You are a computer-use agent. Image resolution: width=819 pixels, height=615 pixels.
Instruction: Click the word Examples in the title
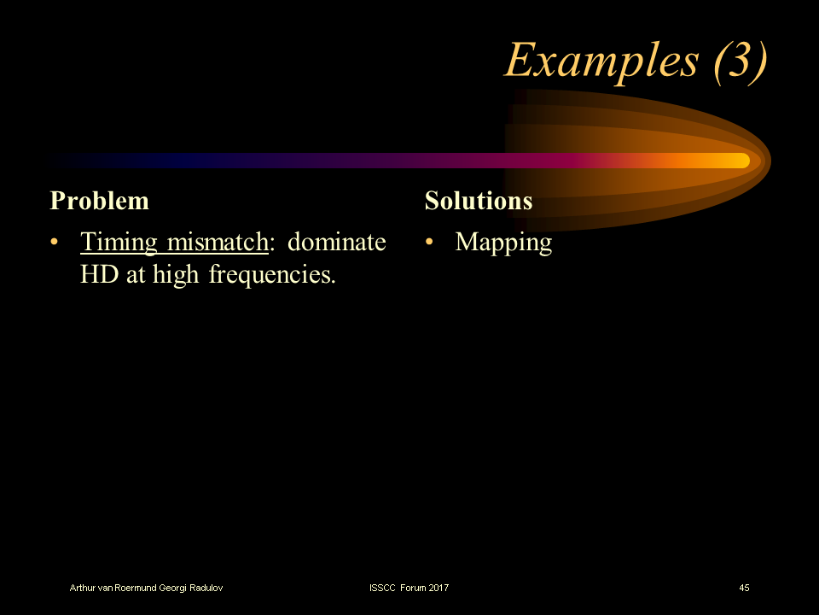pyautogui.click(x=597, y=60)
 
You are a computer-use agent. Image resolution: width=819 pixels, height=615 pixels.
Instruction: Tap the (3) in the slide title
pyautogui.click(x=735, y=60)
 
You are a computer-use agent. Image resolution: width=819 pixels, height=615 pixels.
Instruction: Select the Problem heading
pyautogui.click(x=100, y=201)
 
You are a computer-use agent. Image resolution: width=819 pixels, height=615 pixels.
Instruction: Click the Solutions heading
pyautogui.click(x=479, y=201)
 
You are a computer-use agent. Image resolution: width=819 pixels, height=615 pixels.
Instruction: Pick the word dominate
pyautogui.click(x=336, y=243)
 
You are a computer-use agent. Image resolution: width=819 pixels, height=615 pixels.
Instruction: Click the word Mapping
pyautogui.click(x=503, y=243)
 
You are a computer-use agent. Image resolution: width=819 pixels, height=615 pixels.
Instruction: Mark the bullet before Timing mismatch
pyautogui.click(x=55, y=243)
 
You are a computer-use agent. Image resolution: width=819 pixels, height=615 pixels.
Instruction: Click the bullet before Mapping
pyautogui.click(x=430, y=243)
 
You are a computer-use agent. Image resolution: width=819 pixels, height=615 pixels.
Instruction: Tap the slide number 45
pyautogui.click(x=744, y=588)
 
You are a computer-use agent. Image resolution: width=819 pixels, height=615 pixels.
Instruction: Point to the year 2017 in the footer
pyautogui.click(x=438, y=588)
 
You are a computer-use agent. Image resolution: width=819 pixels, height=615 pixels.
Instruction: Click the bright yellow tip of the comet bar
pyautogui.click(x=734, y=161)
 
